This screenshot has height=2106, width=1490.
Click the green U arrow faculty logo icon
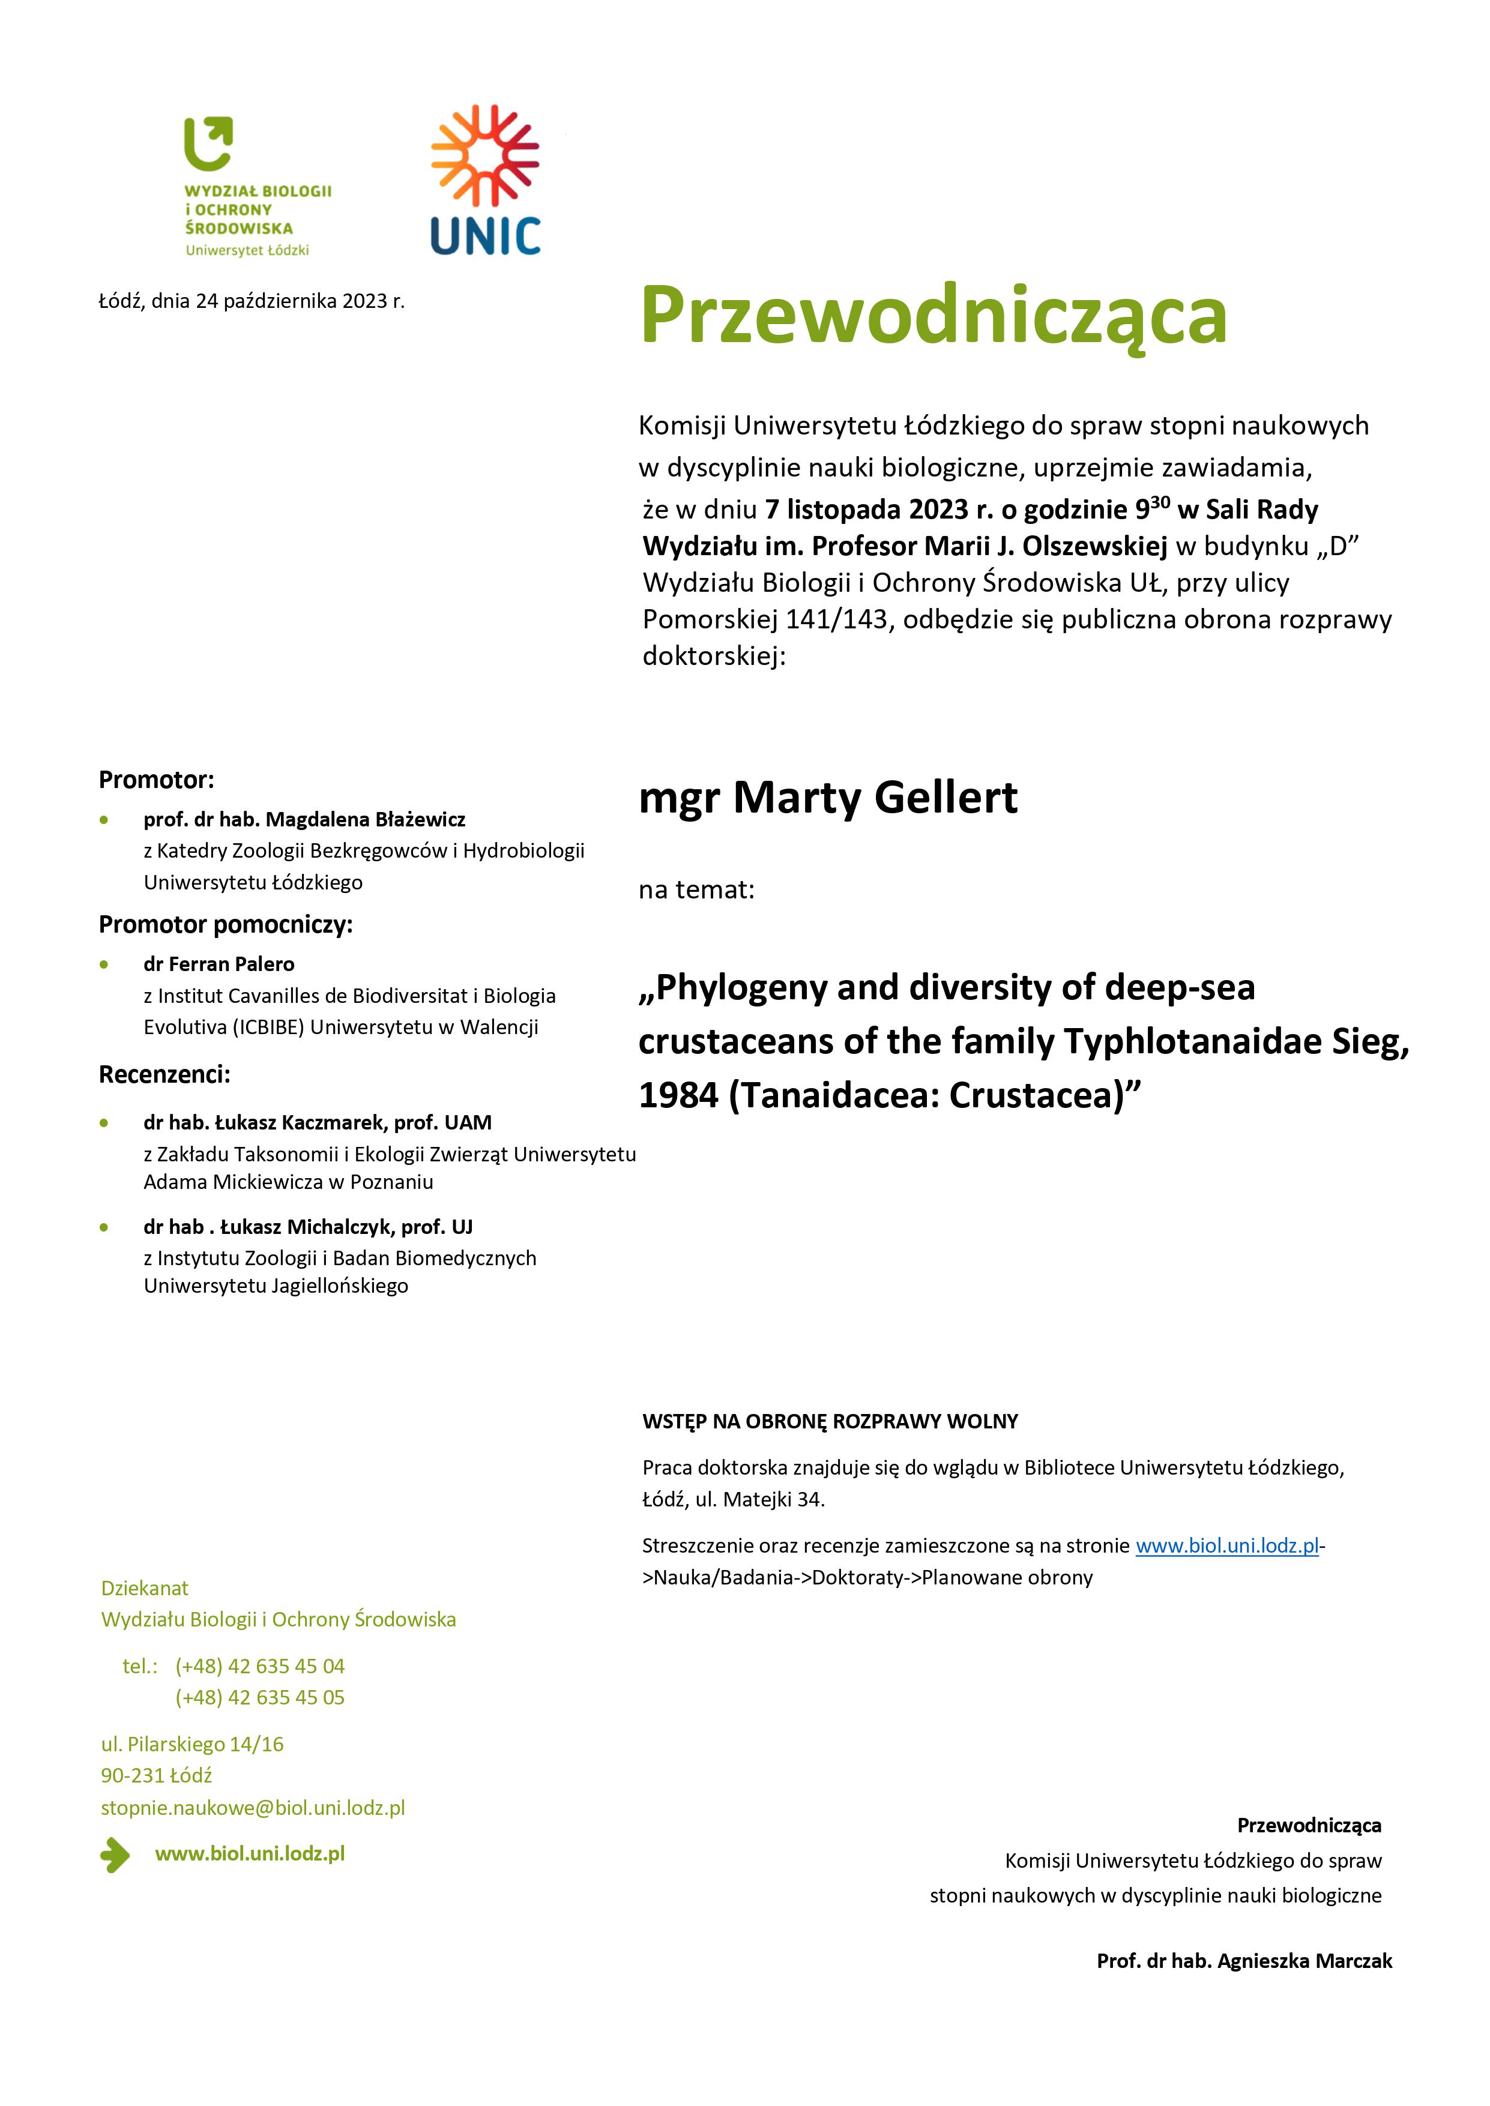[208, 144]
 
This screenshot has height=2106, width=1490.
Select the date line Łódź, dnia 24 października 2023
[252, 301]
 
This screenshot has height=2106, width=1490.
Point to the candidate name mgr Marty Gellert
[828, 797]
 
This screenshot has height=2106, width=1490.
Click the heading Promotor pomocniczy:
[226, 925]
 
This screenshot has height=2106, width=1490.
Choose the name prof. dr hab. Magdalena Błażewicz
[304, 819]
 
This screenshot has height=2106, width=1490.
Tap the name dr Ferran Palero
[219, 964]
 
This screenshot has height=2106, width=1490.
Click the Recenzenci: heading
[164, 1074]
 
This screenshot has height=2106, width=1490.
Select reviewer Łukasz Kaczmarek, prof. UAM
[318, 1123]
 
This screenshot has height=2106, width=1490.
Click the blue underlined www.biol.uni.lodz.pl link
[1226, 1545]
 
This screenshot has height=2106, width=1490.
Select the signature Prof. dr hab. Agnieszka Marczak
[1244, 1961]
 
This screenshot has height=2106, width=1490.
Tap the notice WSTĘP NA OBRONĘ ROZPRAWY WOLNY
[830, 1422]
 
